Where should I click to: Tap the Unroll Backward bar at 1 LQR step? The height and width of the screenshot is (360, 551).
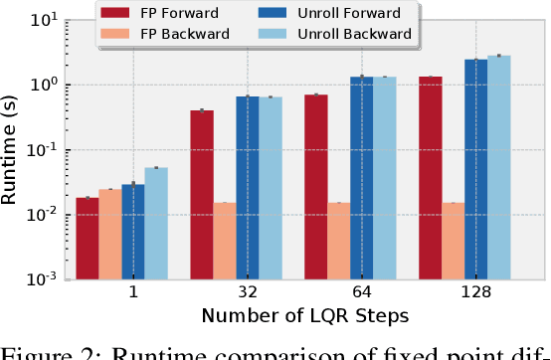pyautogui.click(x=156, y=224)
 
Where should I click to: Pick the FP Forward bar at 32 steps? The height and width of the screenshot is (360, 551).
pyautogui.click(x=202, y=195)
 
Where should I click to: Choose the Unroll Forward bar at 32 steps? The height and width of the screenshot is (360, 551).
pyautogui.click(x=248, y=188)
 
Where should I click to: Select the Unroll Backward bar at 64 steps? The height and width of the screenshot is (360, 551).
pyautogui.click(x=385, y=178)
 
